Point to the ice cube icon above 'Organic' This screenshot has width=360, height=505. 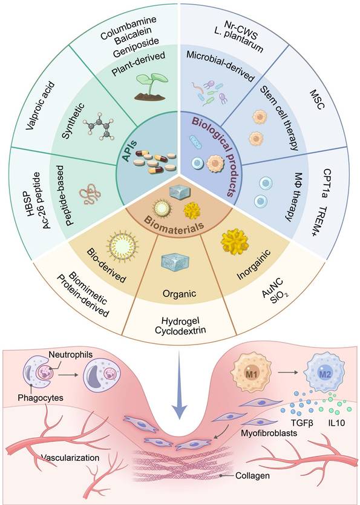tap(179, 265)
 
